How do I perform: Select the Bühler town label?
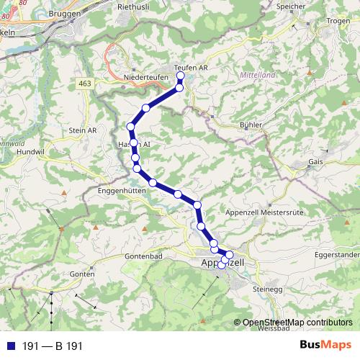click(249, 125)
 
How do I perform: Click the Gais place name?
click(315, 163)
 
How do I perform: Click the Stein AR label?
click(81, 130)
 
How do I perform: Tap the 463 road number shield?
click(86, 85)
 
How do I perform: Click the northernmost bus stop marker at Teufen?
click(181, 76)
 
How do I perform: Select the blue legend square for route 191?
click(11, 346)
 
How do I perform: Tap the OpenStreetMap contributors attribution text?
click(297, 323)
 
